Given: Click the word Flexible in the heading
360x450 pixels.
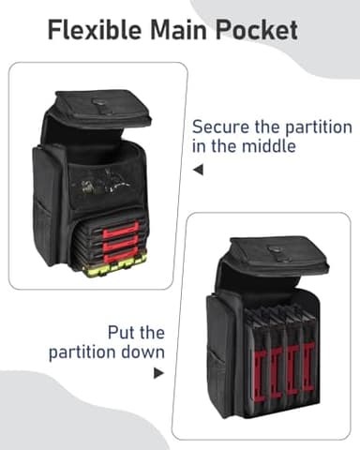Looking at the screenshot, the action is click(x=96, y=30).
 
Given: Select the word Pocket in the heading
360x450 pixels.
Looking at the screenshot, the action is click(x=256, y=30).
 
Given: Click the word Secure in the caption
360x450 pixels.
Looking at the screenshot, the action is click(x=220, y=127).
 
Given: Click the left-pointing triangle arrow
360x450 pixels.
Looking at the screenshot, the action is click(x=198, y=170).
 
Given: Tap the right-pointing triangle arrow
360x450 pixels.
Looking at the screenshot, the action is click(x=158, y=373).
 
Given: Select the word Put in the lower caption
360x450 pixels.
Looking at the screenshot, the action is click(x=121, y=333).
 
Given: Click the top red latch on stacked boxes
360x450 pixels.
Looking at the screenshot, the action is click(x=121, y=230).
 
